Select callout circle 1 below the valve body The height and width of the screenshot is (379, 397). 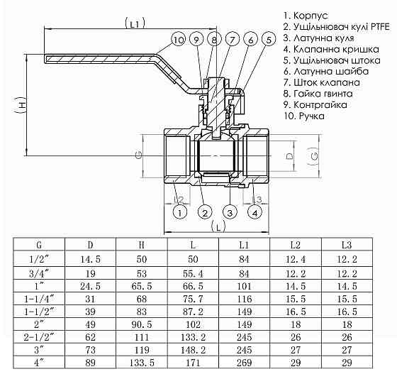180,212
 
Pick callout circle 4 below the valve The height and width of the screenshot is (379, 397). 254,212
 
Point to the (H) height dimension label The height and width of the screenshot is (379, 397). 21,105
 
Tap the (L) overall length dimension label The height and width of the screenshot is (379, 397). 218,226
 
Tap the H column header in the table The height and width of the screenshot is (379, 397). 142,246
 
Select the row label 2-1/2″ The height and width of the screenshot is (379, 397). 39,336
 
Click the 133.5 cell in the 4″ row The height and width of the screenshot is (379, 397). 142,362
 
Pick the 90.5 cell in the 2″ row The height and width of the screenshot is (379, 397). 142,323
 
